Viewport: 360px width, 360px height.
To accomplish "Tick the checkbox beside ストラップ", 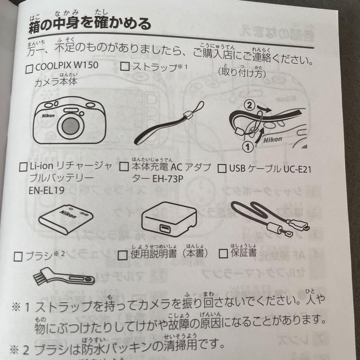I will point(124,67).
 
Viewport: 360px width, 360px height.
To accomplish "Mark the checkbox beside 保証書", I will point(223,254).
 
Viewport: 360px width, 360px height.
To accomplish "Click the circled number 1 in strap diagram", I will point(247,146).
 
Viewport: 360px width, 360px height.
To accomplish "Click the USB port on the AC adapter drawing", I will point(164,229).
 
